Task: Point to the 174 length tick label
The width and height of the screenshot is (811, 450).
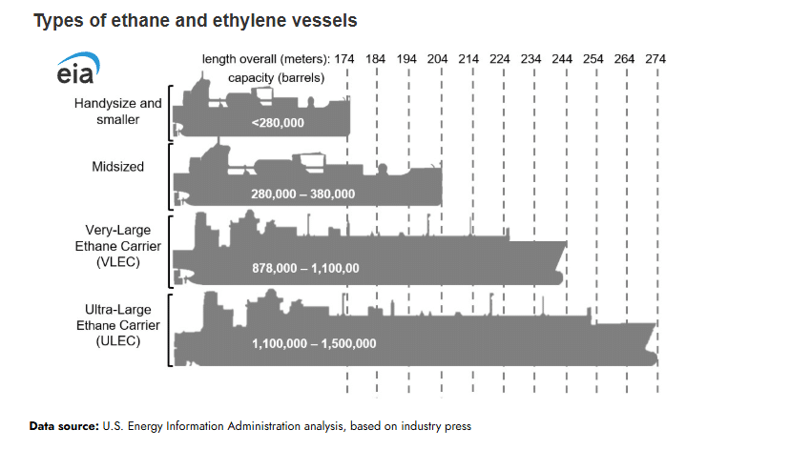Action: [x=345, y=59]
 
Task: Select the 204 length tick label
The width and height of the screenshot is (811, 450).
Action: [x=438, y=59]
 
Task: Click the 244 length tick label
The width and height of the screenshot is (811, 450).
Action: [x=562, y=59]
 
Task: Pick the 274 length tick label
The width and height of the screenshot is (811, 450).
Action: [x=655, y=59]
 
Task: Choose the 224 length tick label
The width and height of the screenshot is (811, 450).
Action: [x=500, y=59]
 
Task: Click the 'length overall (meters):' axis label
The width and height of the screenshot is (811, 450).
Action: [x=266, y=59]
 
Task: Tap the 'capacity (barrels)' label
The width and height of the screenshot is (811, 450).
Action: [x=277, y=77]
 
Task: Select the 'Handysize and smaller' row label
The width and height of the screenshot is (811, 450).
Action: [x=118, y=111]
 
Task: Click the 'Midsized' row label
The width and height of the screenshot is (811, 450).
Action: [x=118, y=167]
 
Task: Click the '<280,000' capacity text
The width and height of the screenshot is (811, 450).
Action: [x=279, y=123]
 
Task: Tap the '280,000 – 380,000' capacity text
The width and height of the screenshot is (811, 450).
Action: [x=302, y=194]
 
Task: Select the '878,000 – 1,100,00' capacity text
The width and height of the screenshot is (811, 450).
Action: [x=305, y=268]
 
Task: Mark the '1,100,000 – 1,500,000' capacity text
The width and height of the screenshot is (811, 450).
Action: [x=314, y=343]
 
